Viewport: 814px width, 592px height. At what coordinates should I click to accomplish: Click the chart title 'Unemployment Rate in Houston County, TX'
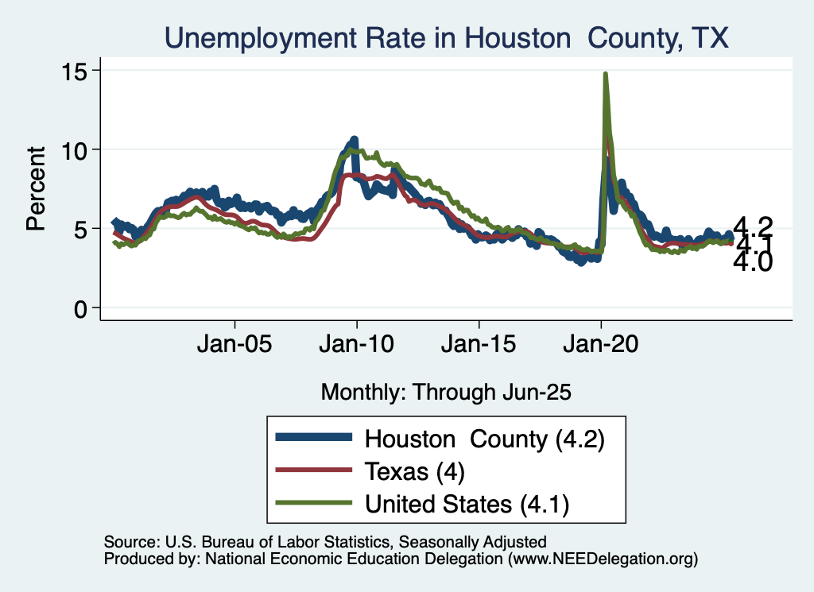(446, 37)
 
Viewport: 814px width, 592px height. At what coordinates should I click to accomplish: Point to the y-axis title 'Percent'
(36, 188)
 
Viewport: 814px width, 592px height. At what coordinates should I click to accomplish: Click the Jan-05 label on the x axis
(235, 346)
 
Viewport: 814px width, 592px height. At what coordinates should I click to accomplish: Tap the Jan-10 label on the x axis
(357, 346)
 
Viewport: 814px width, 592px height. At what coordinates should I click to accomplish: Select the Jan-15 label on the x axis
(479, 346)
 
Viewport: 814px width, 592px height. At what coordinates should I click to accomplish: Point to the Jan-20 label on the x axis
(601, 346)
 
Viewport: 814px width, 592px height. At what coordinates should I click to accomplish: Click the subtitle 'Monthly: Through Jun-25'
(446, 392)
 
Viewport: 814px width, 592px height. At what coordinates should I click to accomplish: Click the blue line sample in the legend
(313, 438)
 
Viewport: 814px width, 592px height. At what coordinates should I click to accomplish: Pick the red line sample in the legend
(313, 470)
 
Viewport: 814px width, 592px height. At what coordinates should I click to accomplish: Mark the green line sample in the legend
(313, 503)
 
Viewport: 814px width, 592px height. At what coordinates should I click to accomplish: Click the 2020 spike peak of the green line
(606, 75)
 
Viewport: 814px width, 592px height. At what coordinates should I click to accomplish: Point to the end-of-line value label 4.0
(752, 263)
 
